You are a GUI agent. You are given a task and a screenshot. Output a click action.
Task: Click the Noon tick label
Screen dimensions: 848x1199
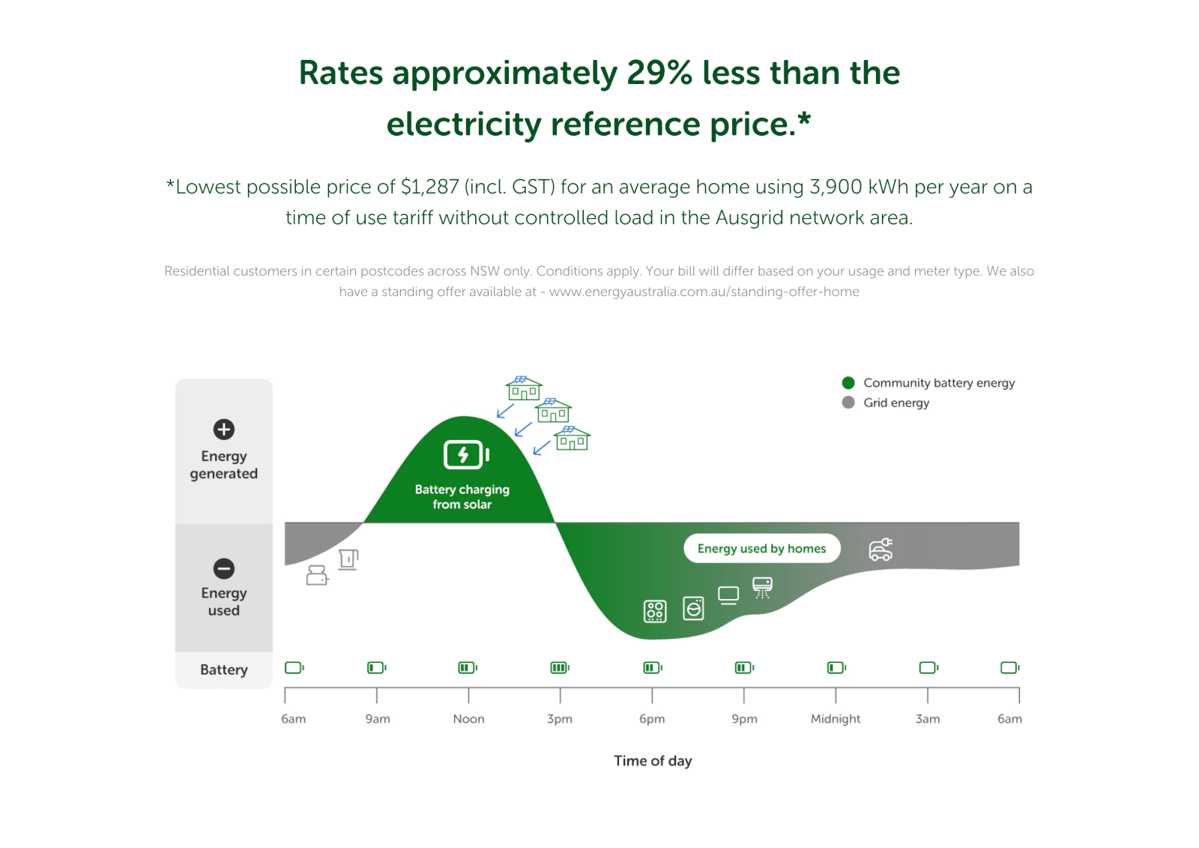[468, 718]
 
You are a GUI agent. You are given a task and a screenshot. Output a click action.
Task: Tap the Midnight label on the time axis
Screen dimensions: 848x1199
[835, 718]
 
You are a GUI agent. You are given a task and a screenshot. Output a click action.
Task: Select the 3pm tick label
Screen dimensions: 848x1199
[560, 718]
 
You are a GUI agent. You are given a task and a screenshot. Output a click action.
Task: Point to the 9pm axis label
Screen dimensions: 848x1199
[744, 718]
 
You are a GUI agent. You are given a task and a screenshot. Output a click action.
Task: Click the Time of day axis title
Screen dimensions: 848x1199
[653, 760]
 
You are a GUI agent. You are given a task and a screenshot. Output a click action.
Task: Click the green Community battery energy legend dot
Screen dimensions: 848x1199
[848, 382]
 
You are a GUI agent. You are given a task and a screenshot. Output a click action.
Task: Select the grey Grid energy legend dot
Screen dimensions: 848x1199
[848, 403]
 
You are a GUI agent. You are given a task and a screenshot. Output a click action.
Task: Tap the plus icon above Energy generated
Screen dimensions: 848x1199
[223, 429]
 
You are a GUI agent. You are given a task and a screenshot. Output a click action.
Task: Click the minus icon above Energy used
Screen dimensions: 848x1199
[223, 568]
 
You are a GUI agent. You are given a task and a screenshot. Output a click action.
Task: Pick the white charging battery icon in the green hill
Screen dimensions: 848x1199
[466, 454]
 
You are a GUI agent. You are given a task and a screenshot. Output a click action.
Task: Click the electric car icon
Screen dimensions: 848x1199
[881, 550]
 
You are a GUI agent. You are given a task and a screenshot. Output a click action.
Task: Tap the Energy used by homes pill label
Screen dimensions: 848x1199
[761, 548]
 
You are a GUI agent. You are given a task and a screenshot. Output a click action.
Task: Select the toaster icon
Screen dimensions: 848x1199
[317, 575]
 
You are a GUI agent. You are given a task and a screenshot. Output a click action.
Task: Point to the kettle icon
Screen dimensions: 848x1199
[348, 559]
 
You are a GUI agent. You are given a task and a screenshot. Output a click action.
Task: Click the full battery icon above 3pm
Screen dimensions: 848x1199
[560, 667]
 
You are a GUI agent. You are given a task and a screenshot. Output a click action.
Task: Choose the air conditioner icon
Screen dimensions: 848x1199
[762, 587]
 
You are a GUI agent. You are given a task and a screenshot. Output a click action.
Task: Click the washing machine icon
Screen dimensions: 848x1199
[693, 608]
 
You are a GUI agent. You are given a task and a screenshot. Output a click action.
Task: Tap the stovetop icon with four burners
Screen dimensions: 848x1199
[655, 611]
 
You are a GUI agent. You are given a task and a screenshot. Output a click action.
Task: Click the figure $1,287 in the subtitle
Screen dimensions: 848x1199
[429, 187]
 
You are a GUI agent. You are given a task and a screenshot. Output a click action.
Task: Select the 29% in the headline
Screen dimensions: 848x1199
[659, 73]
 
